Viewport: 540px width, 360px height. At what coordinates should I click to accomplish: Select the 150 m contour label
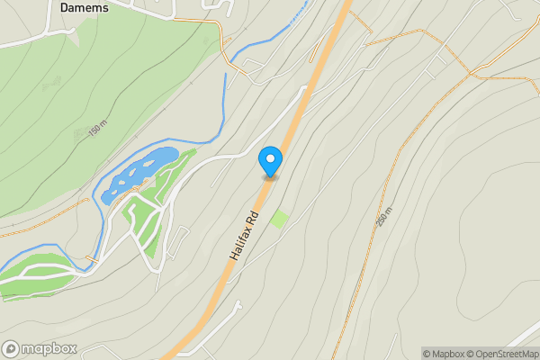[97, 129]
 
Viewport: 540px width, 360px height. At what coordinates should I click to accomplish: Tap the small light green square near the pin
[279, 218]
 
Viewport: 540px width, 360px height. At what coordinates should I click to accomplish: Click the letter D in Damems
[65, 7]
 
